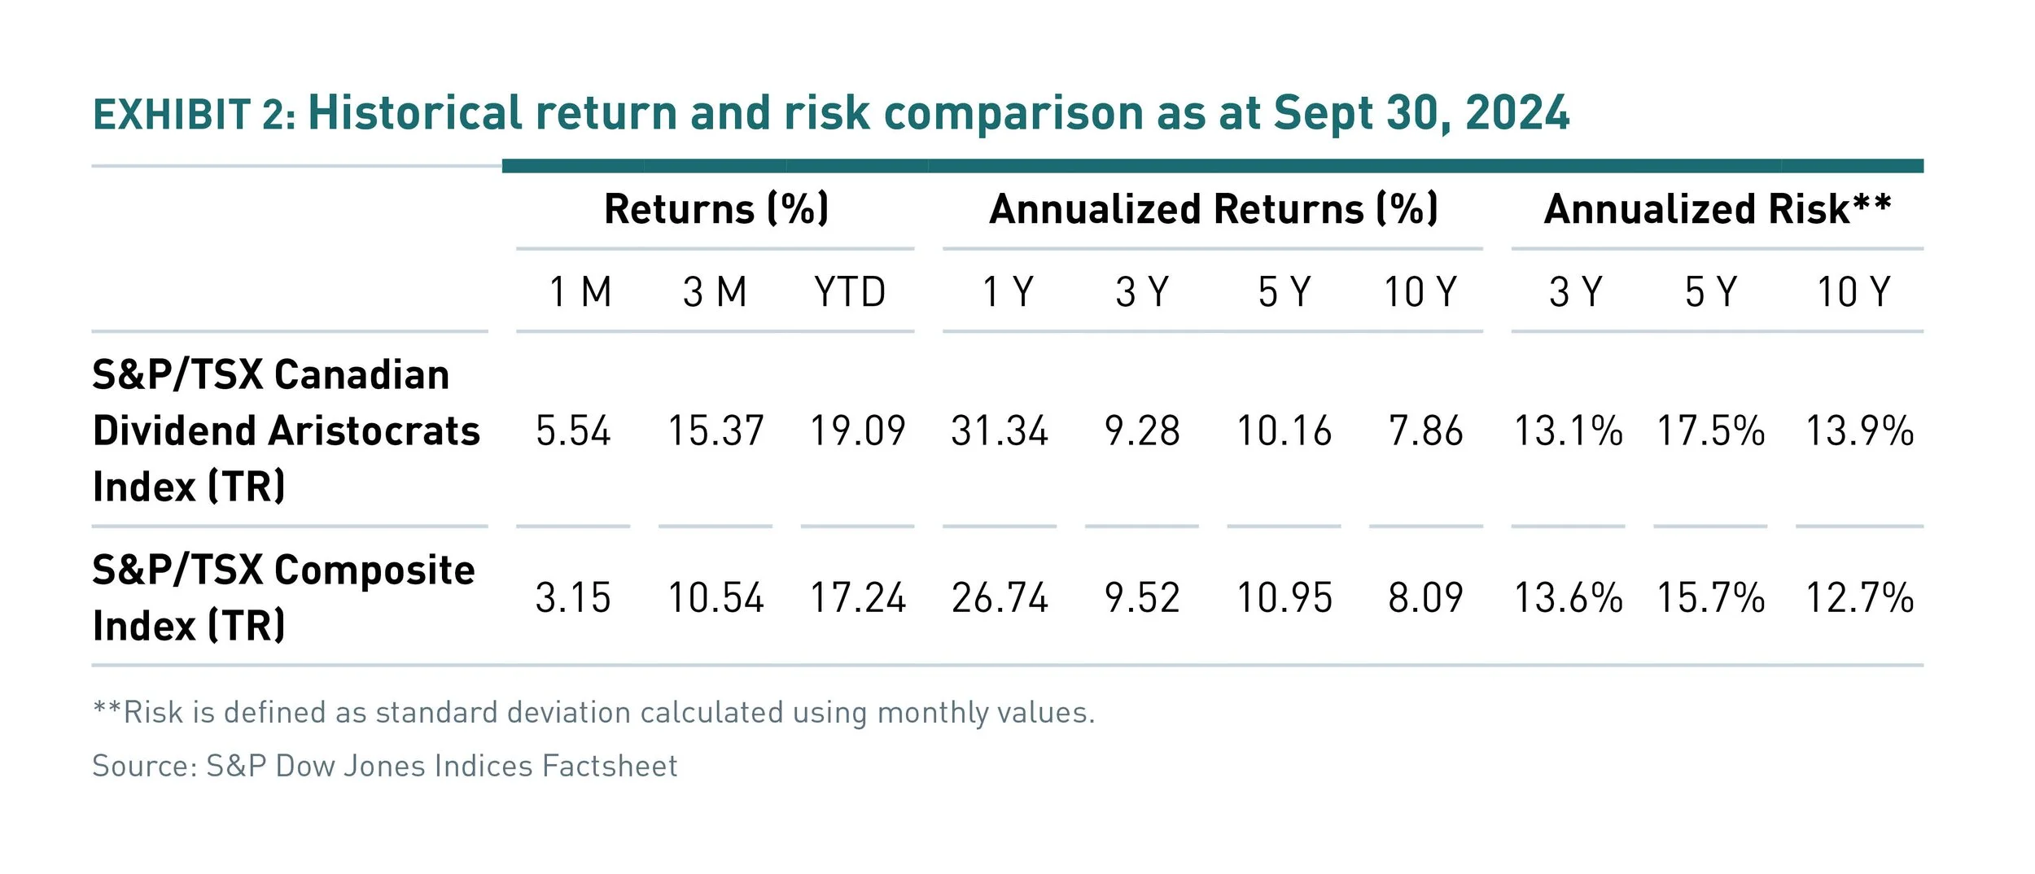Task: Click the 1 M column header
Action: [x=580, y=291]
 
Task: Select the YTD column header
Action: [x=849, y=291]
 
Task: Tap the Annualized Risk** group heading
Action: [x=1717, y=208]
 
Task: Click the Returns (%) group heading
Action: [x=716, y=208]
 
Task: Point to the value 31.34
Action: [x=999, y=430]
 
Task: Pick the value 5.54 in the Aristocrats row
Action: [x=572, y=430]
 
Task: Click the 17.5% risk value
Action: [x=1710, y=430]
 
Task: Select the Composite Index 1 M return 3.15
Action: [x=572, y=597]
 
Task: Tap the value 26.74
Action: [x=999, y=597]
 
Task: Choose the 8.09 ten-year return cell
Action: [x=1424, y=597]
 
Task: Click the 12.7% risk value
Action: [x=1859, y=597]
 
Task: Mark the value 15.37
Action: [x=715, y=430]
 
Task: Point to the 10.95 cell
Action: [x=1284, y=597]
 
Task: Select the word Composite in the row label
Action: [x=374, y=570]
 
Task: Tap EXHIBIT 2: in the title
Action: [x=194, y=115]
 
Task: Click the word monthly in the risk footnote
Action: [x=932, y=713]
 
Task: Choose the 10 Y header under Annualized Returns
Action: [x=1420, y=291]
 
